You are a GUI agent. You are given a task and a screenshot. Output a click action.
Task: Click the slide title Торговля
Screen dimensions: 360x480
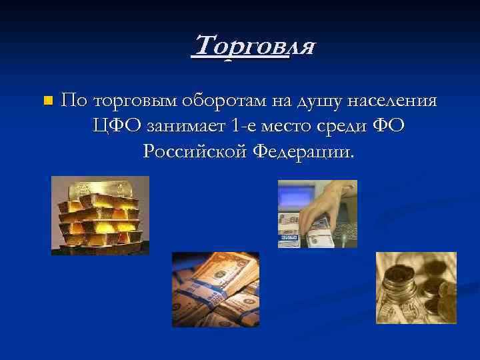(x=253, y=47)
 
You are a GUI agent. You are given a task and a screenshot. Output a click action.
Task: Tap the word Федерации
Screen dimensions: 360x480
(x=303, y=152)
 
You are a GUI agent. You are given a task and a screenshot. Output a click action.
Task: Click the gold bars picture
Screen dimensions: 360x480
(x=100, y=215)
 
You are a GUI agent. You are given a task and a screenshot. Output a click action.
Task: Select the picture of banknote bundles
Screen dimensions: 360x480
(x=215, y=289)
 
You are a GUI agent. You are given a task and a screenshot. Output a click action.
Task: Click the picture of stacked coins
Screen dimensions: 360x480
(x=416, y=287)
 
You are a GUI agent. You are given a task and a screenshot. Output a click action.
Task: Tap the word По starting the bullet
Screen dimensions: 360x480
(x=74, y=101)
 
